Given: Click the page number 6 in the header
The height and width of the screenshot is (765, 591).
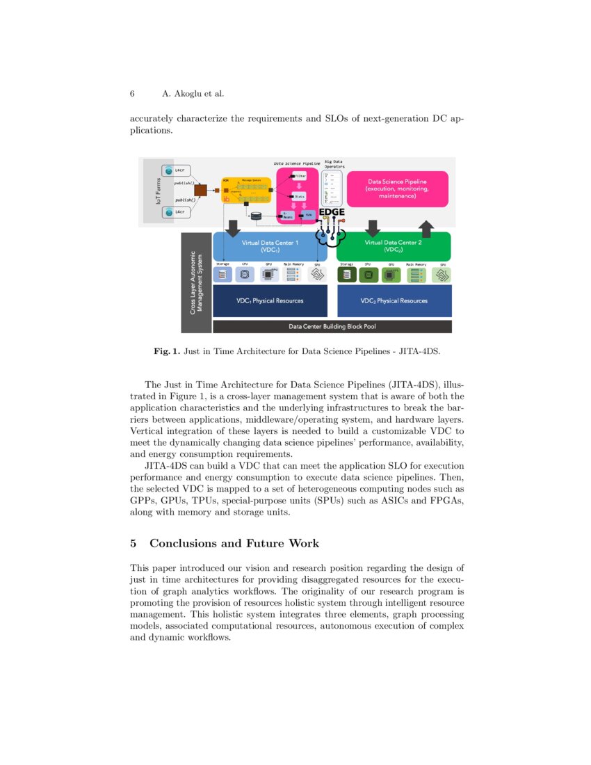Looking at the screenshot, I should click(132, 94).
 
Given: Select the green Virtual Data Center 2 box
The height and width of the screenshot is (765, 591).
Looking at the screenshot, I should click(394, 246).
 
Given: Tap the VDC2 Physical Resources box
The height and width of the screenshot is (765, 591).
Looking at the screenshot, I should click(394, 300).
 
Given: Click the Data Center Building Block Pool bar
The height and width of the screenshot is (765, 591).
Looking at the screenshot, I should click(332, 326).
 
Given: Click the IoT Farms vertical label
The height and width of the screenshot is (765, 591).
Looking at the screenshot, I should click(148, 191).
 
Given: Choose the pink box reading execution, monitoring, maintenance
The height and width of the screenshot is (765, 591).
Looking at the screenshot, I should click(397, 188).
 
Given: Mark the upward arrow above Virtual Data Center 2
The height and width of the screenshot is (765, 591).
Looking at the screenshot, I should click(426, 228).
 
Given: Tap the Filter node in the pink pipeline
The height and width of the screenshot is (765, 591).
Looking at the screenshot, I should click(299, 177).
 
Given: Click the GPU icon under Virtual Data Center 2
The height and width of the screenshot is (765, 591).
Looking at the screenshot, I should click(391, 275).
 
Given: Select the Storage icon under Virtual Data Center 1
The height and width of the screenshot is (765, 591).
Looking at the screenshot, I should click(222, 275).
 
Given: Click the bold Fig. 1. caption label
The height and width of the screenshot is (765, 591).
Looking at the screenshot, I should click(167, 351).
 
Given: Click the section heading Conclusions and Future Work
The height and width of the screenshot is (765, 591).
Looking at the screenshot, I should click(234, 542).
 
